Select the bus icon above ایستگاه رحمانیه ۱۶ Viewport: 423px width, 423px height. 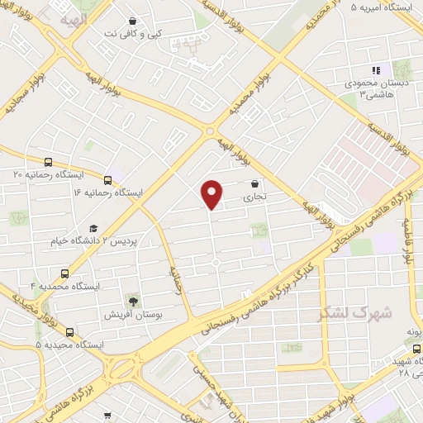(108, 179)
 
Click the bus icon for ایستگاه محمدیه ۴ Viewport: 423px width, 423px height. (65, 273)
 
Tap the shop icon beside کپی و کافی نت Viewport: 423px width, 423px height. (133, 21)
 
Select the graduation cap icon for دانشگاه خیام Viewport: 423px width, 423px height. (93, 228)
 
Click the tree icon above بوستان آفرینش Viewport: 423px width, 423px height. (132, 301)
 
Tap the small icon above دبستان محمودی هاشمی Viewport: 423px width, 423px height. (374, 71)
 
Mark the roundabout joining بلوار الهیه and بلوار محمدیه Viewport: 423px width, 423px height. (211, 131)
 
